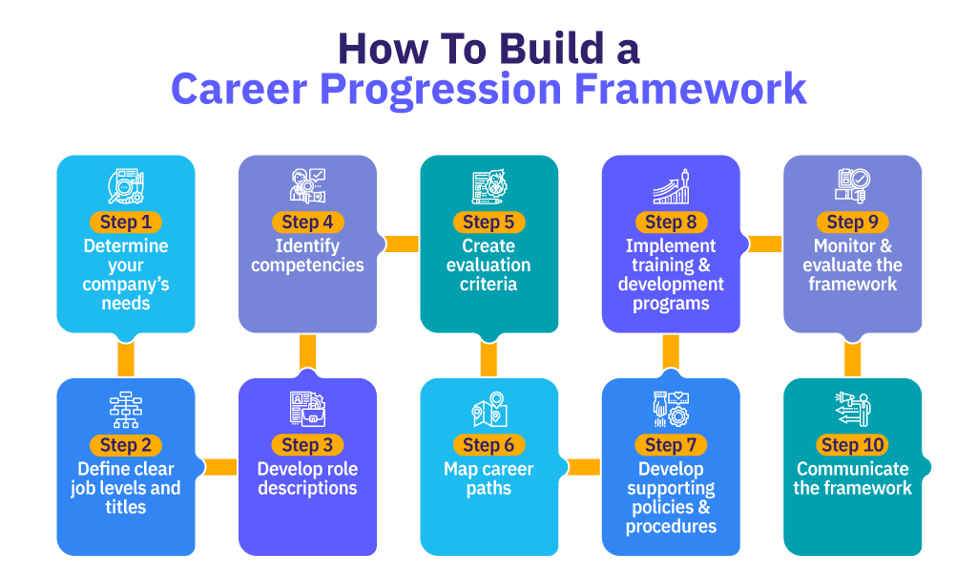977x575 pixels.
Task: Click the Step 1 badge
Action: (126, 222)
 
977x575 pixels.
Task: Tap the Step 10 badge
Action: (852, 445)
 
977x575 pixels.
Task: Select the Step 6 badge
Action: (488, 445)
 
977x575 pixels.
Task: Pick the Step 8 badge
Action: (671, 222)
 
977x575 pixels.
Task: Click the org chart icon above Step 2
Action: (126, 410)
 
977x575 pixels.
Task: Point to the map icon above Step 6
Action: (489, 409)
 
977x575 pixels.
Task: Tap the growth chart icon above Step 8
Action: (671, 186)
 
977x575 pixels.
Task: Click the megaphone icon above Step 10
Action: (852, 409)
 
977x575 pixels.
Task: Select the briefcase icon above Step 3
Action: (308, 409)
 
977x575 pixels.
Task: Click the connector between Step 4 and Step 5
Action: (402, 244)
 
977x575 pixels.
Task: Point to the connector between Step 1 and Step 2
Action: (126, 358)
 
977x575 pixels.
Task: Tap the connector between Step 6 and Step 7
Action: (583, 467)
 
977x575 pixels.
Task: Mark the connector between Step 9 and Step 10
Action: (852, 359)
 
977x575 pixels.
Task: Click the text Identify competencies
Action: (308, 255)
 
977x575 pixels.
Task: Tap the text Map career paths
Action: (488, 479)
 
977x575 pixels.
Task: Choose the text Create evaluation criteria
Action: (488, 265)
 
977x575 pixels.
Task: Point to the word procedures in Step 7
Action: (671, 527)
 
